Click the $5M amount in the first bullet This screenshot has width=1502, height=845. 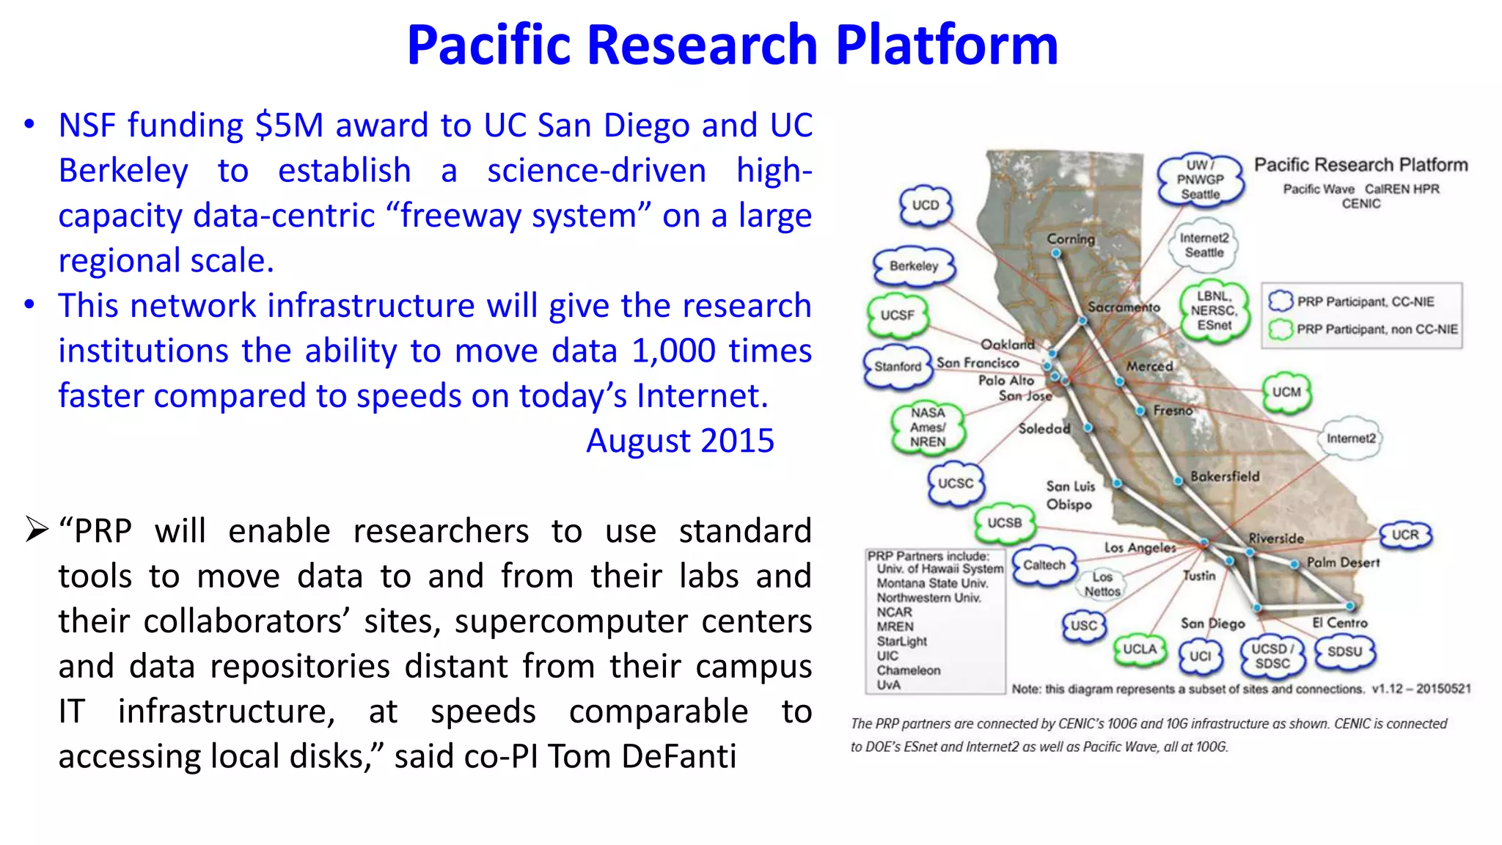pos(289,125)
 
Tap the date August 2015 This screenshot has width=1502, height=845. pos(680,441)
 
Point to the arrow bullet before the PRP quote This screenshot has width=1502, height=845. pos(37,529)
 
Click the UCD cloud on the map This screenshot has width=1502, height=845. pos(926,205)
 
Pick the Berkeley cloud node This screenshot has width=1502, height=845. pos(914,266)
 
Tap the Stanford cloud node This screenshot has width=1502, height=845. pos(898,366)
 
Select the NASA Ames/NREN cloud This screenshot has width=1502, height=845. pos(928,428)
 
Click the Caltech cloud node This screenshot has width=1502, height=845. pos(1044,565)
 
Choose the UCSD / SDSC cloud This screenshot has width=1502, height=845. pos(1272,656)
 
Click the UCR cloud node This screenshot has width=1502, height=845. pos(1405,535)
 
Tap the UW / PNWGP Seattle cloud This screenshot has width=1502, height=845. pos(1201,180)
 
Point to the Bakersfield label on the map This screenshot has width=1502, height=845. pos(1225,477)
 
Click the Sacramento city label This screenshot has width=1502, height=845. pos(1124,307)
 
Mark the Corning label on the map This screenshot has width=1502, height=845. pos(1071,238)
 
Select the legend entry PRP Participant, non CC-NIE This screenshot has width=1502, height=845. pos(1376,329)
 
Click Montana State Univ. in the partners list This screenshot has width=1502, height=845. pos(932,583)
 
